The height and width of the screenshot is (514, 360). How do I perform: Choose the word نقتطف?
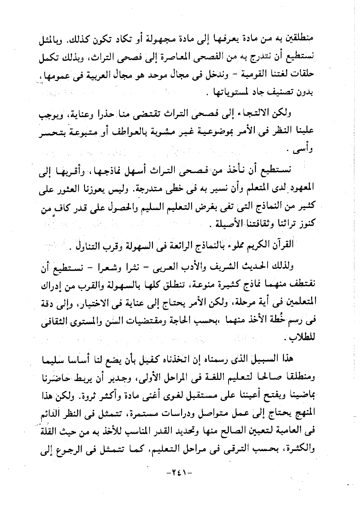[300, 286]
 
